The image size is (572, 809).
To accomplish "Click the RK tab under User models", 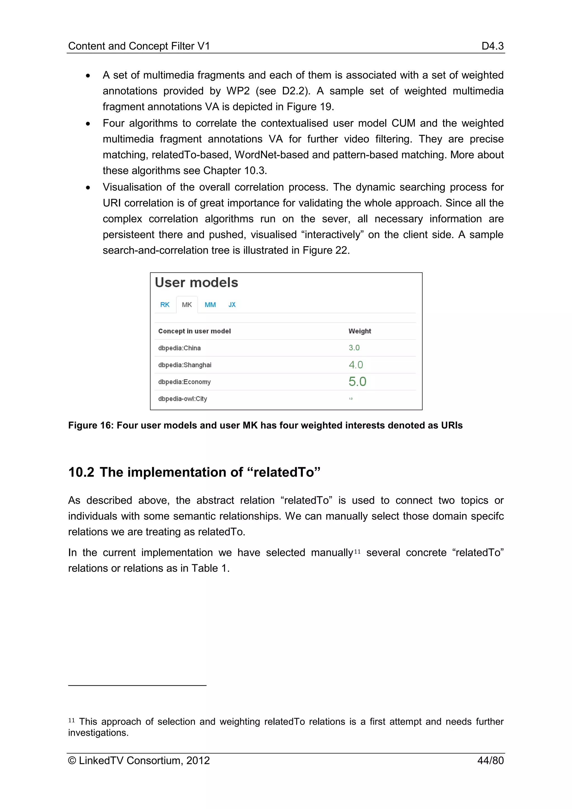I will [x=165, y=305].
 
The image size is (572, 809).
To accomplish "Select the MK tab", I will [x=187, y=305].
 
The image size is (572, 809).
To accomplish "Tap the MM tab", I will [x=210, y=305].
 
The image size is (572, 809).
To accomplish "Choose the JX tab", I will [x=232, y=305].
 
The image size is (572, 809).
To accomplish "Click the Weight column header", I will [x=360, y=331].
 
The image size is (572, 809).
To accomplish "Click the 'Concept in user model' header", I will [x=194, y=331].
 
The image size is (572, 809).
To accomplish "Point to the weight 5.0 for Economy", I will [x=357, y=382].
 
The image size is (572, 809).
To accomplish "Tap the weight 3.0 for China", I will [x=354, y=348].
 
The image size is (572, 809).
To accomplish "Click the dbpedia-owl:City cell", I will [x=182, y=399].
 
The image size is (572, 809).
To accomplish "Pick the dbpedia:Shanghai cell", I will [x=185, y=365].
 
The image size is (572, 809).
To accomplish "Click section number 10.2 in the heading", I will [x=81, y=472].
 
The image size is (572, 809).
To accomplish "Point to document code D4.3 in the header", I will [x=492, y=46].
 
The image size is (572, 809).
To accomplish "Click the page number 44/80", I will [x=490, y=760].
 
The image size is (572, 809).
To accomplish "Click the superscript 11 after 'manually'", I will [x=357, y=552].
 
